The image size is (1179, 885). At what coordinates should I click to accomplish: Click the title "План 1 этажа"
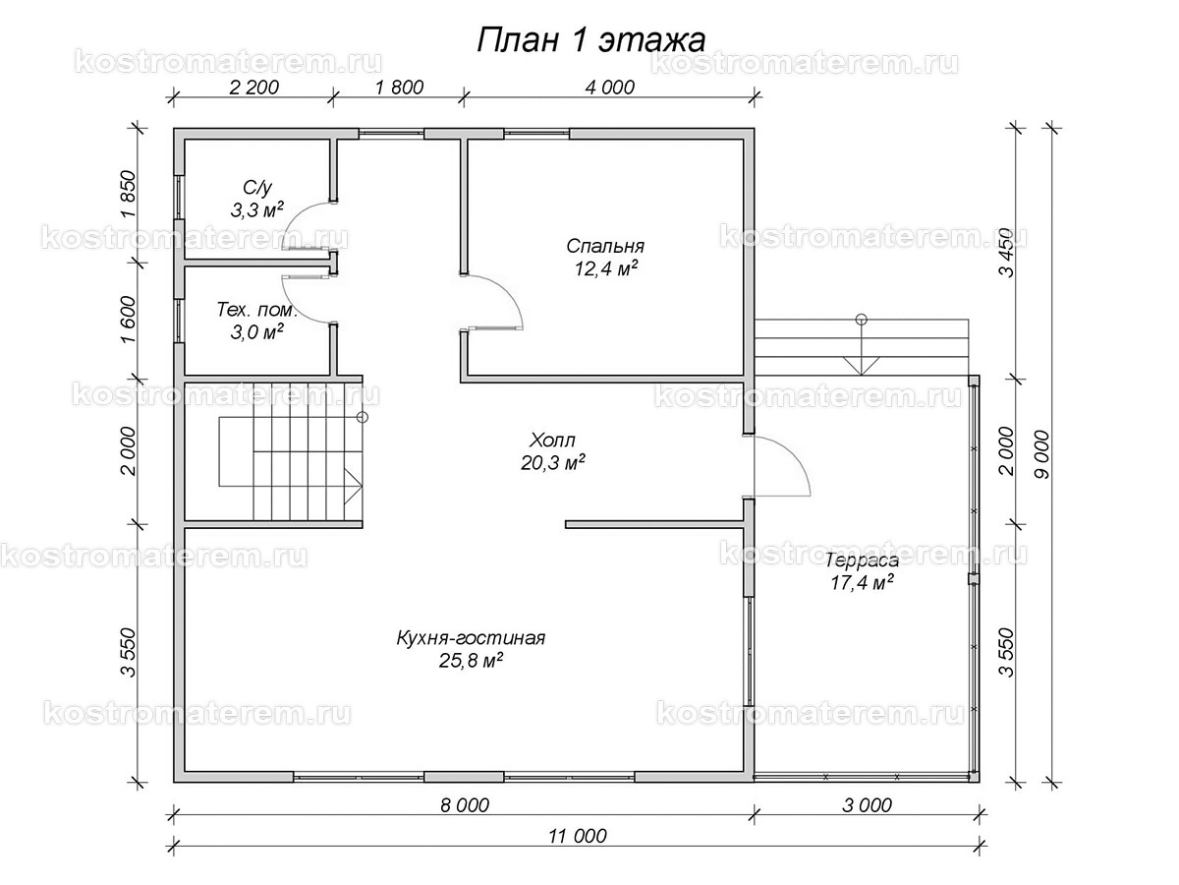click(590, 39)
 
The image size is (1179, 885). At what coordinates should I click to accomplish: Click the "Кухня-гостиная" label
click(471, 638)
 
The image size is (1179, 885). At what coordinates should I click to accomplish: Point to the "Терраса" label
click(862, 560)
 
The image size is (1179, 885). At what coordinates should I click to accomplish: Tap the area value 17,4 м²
click(861, 583)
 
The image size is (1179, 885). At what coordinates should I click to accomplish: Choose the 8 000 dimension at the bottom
click(465, 805)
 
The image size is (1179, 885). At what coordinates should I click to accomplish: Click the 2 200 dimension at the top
click(253, 87)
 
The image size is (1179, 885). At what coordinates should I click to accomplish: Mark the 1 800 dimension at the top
click(398, 87)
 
